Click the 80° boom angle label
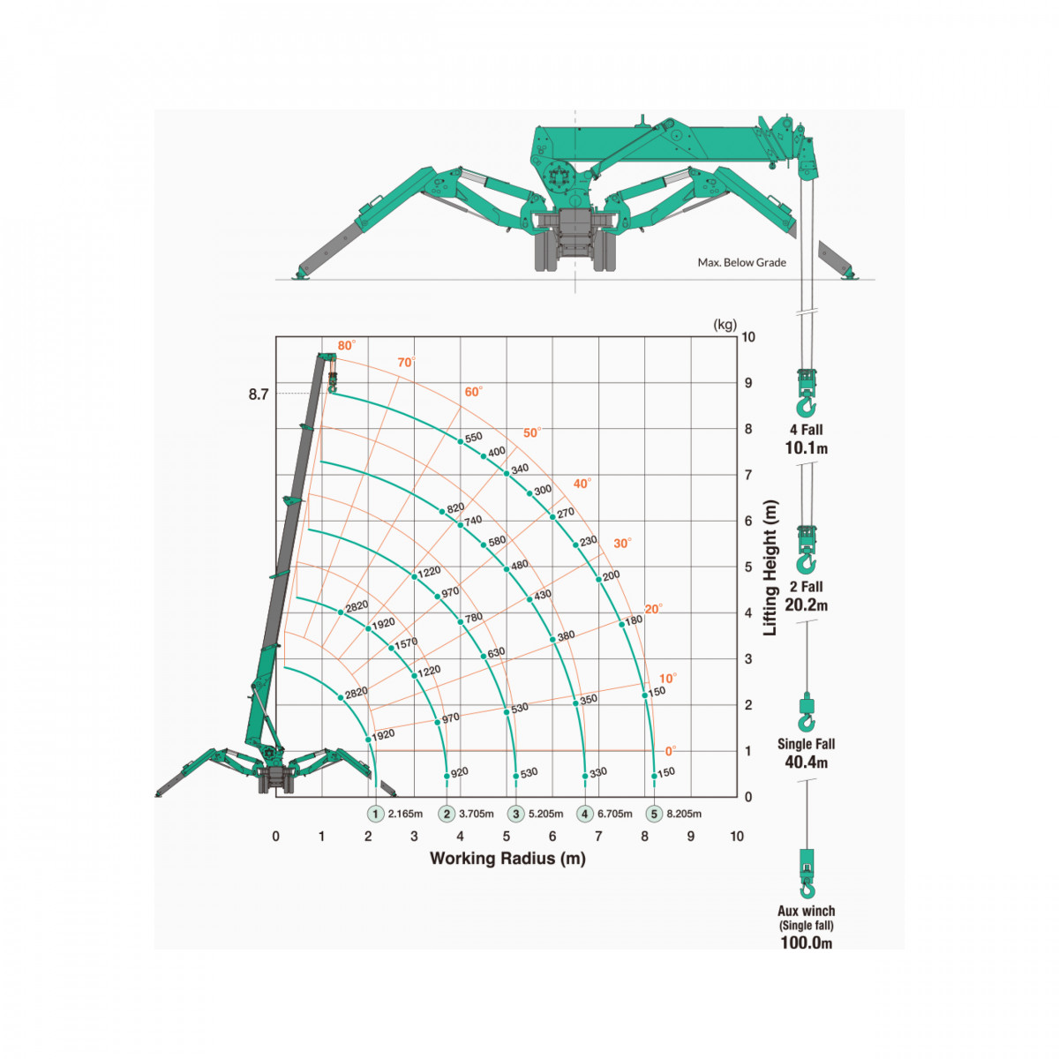pos(346,345)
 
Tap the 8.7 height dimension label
pos(259,394)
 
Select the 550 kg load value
pos(473,437)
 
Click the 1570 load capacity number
pos(406,643)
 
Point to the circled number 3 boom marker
pos(515,814)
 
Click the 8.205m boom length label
pos(684,814)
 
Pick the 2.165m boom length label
pos(405,814)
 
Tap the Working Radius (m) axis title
pos(507,859)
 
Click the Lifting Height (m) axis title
pos(770,567)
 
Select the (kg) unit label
pos(725,325)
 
